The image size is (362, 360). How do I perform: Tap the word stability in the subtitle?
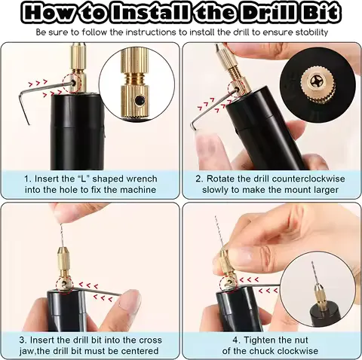click(x=309, y=33)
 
